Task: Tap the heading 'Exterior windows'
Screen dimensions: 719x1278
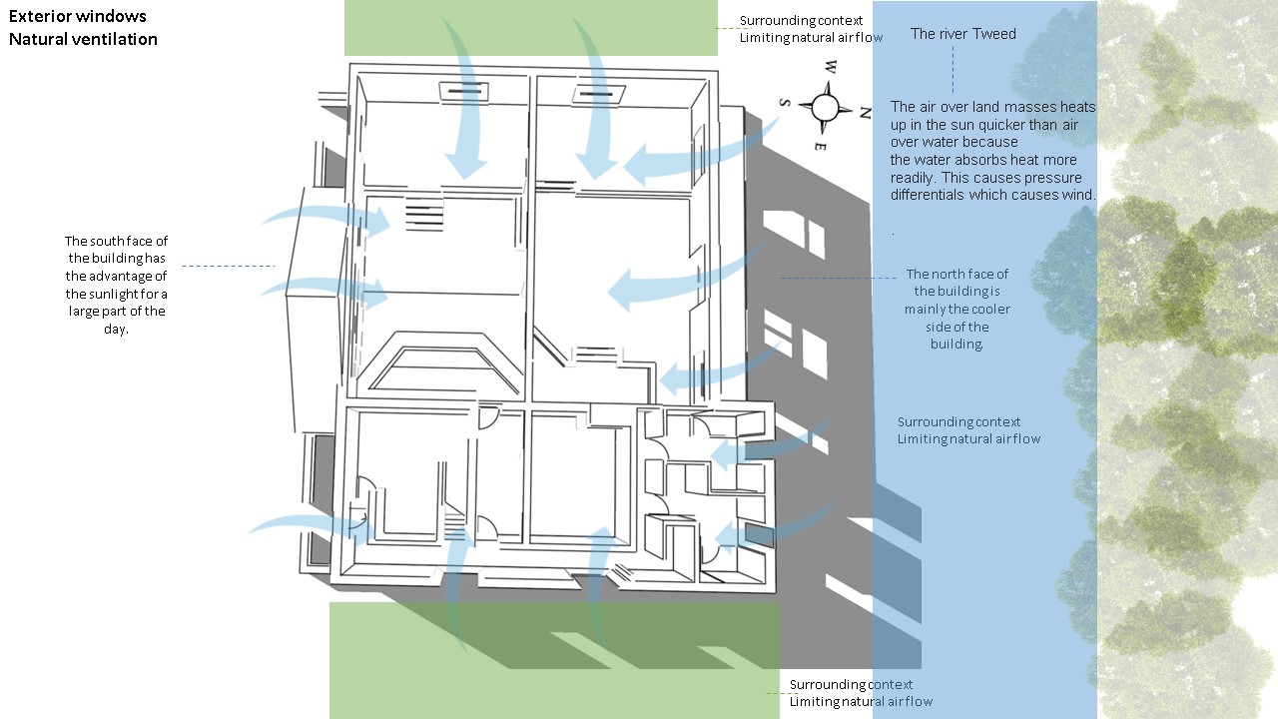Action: click(78, 17)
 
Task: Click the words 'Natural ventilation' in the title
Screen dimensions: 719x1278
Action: click(84, 40)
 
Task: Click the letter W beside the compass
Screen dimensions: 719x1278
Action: click(829, 68)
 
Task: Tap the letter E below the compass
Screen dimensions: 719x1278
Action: click(819, 146)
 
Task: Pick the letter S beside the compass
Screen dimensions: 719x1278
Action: click(785, 102)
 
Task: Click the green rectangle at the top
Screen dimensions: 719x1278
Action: click(530, 27)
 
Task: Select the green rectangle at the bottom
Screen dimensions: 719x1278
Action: click(554, 659)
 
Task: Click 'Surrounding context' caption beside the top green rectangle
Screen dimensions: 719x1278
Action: click(801, 21)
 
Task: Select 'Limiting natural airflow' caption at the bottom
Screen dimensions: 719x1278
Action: click(861, 701)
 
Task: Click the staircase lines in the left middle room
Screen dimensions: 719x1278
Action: click(423, 216)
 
